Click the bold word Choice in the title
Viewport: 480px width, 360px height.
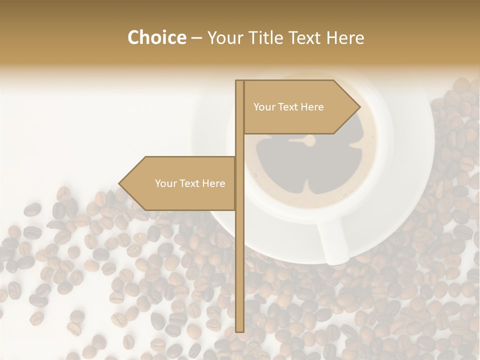[156, 37]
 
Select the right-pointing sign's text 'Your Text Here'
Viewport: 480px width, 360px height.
[288, 107]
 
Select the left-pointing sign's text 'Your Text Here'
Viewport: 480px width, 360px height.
[190, 183]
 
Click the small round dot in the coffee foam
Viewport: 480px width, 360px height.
[310, 141]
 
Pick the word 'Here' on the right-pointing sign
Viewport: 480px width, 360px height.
[312, 107]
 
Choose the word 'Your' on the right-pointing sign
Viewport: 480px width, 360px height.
[264, 107]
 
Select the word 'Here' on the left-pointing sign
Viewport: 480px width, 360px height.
[214, 183]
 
